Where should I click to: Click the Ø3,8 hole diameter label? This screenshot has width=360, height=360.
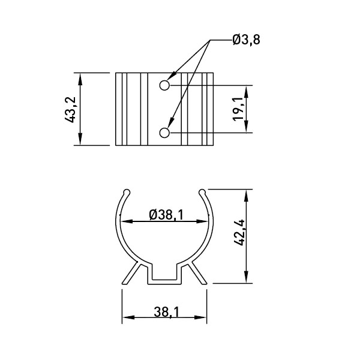(246, 40)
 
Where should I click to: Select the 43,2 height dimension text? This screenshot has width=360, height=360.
(70, 110)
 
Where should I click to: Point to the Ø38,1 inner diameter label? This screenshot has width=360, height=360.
(166, 215)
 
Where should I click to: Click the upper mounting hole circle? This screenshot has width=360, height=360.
(164, 85)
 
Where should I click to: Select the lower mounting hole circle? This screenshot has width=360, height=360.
(164, 133)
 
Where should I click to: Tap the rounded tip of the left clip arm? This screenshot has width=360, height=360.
(127, 192)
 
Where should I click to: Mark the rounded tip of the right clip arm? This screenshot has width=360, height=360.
(202, 192)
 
